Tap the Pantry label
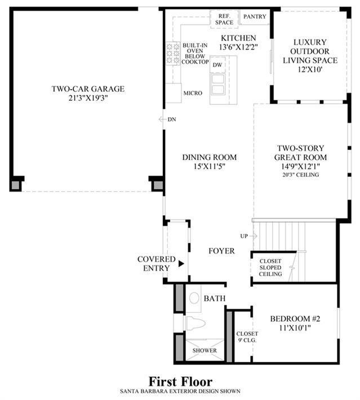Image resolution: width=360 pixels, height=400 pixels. click(255, 16)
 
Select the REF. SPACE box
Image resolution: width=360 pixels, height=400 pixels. click(224, 19)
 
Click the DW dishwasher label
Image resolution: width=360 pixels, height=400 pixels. click(217, 65)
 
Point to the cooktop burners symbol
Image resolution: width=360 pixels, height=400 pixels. click(173, 54)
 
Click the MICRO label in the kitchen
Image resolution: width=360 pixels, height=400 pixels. click(193, 94)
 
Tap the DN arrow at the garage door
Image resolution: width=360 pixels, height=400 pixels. click(162, 119)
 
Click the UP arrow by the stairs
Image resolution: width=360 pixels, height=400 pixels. click(253, 236)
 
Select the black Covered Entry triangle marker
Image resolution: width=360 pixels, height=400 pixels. click(181, 264)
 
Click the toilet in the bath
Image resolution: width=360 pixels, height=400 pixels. click(195, 323)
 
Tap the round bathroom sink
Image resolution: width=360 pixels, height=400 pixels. click(194, 298)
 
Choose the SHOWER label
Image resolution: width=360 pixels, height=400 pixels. click(205, 350)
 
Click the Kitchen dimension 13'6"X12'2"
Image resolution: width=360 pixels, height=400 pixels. click(238, 47)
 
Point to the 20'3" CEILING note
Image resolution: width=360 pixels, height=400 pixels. click(300, 175)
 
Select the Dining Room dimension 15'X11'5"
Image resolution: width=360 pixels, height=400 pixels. click(209, 166)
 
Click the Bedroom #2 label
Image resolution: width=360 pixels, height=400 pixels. click(295, 319)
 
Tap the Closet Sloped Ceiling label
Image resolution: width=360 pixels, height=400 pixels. click(270, 268)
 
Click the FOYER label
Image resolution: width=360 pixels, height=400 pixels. click(221, 251)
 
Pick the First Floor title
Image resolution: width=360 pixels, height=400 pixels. click(180, 382)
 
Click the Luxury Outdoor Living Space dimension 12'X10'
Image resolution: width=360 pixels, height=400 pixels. click(310, 69)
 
